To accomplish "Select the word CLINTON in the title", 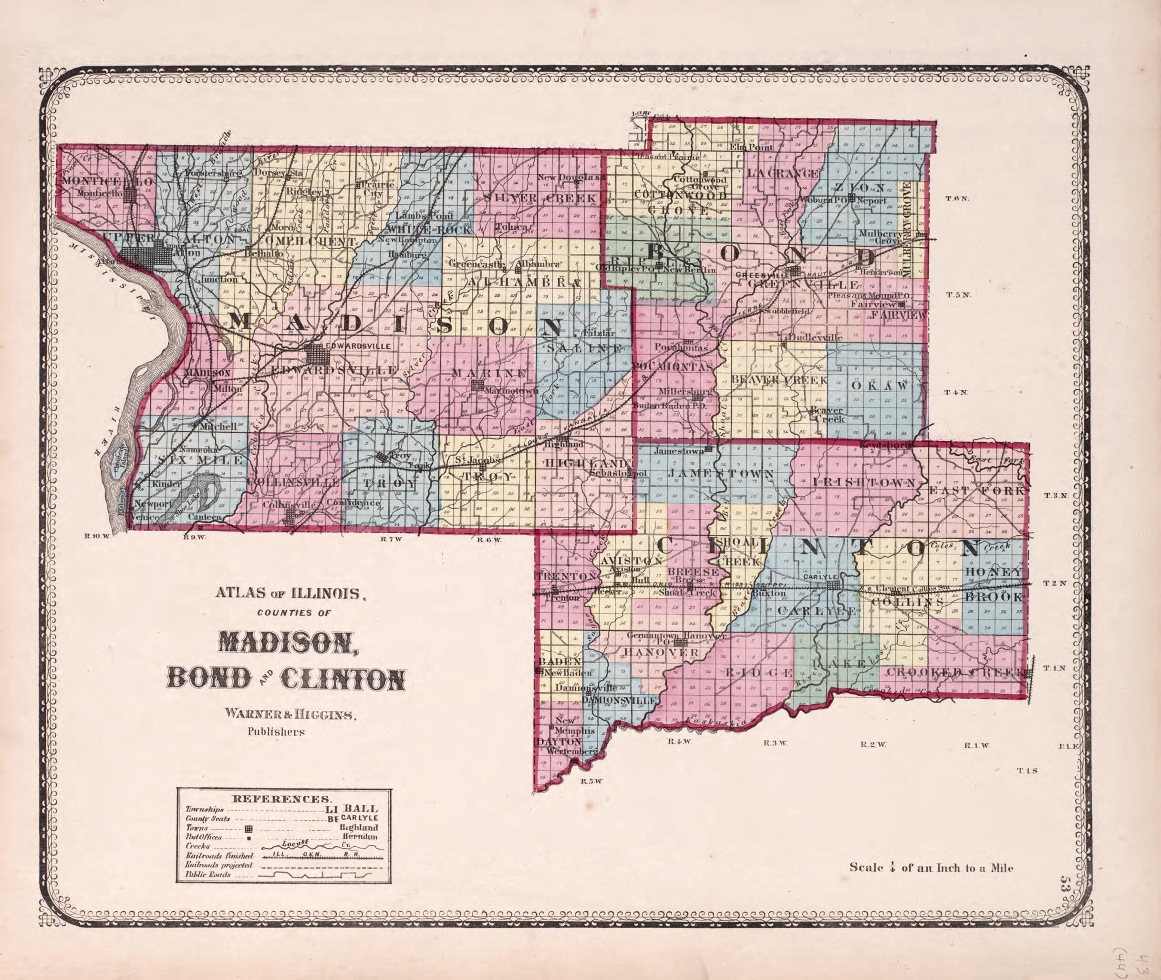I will (x=343, y=679).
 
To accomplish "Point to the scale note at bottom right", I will (x=931, y=867).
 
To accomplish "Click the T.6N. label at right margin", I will (x=958, y=198).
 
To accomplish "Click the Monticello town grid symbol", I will (x=131, y=195).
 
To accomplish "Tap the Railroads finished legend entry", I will (x=219, y=856).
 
